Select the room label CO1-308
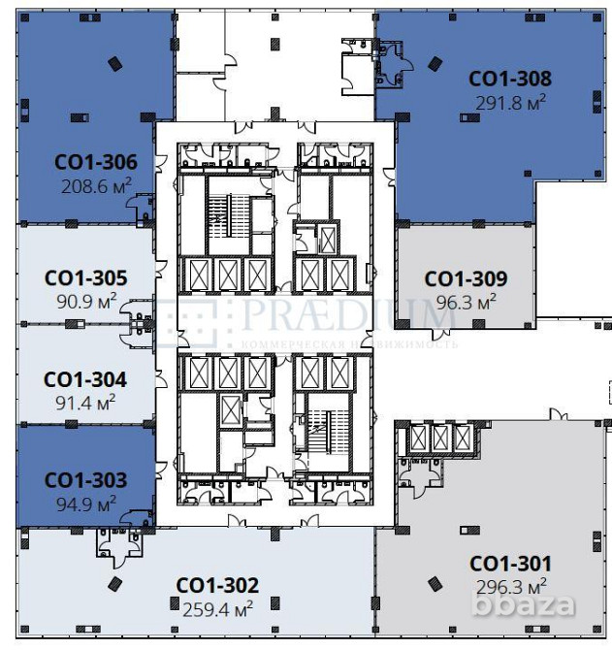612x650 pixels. [510, 79]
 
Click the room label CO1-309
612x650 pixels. [466, 279]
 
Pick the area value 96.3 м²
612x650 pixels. [467, 301]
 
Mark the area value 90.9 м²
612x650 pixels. [86, 300]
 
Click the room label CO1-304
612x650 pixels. [85, 379]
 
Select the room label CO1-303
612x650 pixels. [85, 480]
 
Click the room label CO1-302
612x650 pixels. [217, 586]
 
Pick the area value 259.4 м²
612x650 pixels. [218, 608]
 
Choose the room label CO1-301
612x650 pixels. [510, 564]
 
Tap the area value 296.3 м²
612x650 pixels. [511, 585]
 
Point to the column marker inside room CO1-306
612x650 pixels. [115, 64]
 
